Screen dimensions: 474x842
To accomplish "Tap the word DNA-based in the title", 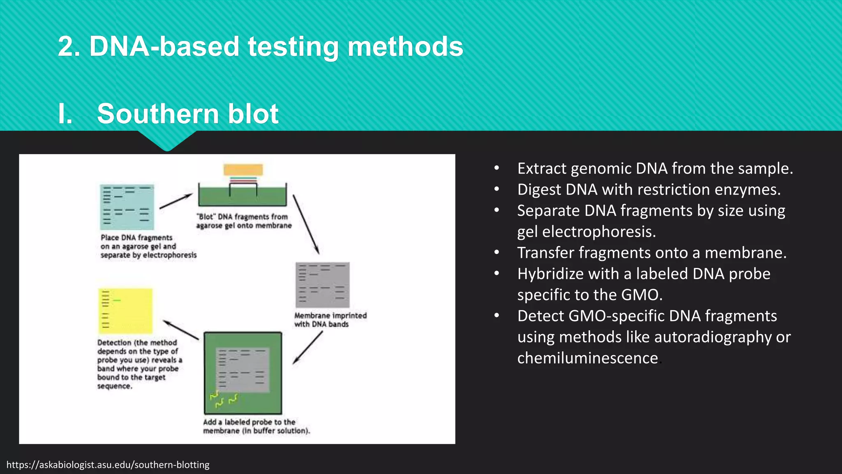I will pyautogui.click(x=164, y=46).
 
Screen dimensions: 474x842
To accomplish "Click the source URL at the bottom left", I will pyautogui.click(x=108, y=465).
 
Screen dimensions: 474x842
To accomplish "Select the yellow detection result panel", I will pyautogui.click(x=125, y=311).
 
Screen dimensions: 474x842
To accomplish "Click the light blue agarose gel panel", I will pyautogui.click(x=127, y=207).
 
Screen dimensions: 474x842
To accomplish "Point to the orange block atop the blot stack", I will pyautogui.click(x=243, y=170).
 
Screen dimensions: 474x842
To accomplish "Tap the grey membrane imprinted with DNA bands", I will pyautogui.click(x=322, y=285).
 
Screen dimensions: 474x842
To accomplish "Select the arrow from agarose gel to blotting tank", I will pyautogui.click(x=176, y=201).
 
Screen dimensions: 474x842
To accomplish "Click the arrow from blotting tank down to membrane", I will pyautogui.click(x=306, y=224).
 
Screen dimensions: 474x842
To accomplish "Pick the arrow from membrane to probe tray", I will pyautogui.click(x=308, y=348).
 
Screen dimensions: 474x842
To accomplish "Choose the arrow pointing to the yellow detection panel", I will pyautogui.click(x=181, y=330).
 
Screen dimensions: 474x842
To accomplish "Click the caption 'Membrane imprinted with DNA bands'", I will pyautogui.click(x=330, y=320).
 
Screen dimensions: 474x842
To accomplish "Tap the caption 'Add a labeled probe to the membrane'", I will pyautogui.click(x=256, y=426).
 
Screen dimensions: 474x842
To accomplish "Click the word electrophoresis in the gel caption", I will pyautogui.click(x=170, y=255).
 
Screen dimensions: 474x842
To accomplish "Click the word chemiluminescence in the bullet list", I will pyautogui.click(x=588, y=358).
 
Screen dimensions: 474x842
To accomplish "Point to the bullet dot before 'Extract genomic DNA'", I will pyautogui.click(x=497, y=168).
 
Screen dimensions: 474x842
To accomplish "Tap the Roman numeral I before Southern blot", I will pyautogui.click(x=65, y=114).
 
